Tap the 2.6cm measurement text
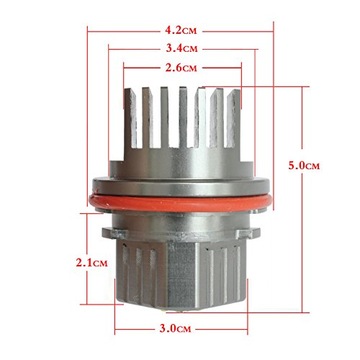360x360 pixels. (x=181, y=69)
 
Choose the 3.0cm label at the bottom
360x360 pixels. (x=181, y=327)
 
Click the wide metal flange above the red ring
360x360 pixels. (x=181, y=187)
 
